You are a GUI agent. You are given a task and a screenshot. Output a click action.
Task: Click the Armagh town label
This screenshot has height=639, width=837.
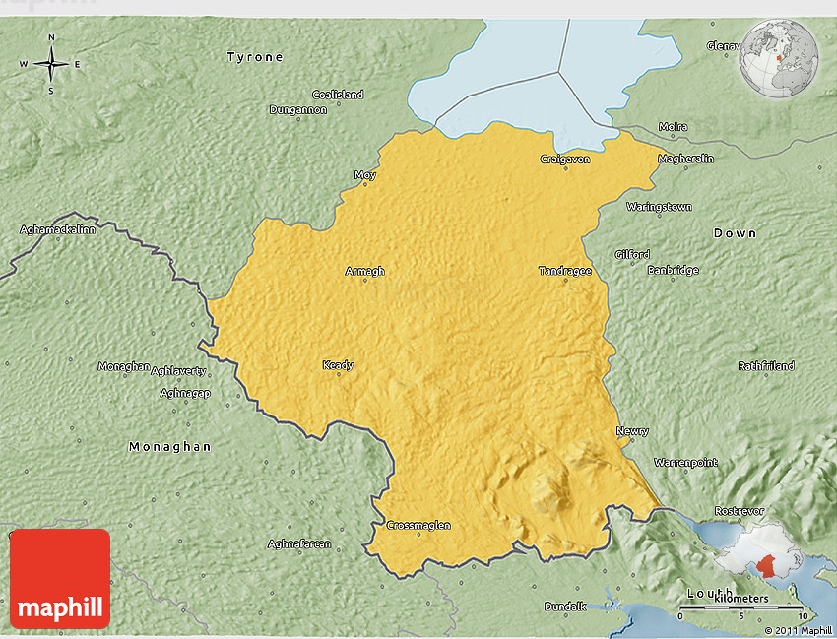pyautogui.click(x=364, y=271)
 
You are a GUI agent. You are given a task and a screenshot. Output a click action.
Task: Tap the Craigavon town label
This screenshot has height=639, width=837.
pyautogui.click(x=565, y=159)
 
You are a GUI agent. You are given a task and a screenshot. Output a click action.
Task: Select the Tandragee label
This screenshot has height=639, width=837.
pyautogui.click(x=565, y=271)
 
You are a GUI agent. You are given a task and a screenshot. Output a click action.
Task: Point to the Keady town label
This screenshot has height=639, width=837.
pyautogui.click(x=338, y=365)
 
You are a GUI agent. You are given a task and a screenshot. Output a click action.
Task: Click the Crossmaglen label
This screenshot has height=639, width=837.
pyautogui.click(x=418, y=525)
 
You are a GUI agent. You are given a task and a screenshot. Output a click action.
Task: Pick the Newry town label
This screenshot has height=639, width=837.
pyautogui.click(x=632, y=431)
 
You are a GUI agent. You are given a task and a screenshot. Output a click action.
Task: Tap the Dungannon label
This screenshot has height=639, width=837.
pyautogui.click(x=298, y=109)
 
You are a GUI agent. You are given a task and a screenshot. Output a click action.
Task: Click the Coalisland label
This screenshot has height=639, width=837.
pyautogui.click(x=338, y=95)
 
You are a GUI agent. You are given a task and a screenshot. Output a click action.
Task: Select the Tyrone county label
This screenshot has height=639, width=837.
pyautogui.click(x=255, y=57)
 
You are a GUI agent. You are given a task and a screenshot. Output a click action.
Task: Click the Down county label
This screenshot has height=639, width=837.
pyautogui.click(x=735, y=232)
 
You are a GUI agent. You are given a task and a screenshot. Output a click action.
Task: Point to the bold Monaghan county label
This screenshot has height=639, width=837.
pyautogui.click(x=169, y=446)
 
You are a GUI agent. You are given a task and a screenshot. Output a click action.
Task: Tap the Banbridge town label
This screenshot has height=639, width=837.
pyautogui.click(x=673, y=270)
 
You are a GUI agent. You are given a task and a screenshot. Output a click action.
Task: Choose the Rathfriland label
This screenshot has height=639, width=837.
pyautogui.click(x=766, y=366)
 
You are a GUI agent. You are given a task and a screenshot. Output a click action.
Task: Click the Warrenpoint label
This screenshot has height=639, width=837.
pyautogui.click(x=686, y=462)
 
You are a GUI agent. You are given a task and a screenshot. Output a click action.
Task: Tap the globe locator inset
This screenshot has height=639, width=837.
pyautogui.click(x=779, y=60)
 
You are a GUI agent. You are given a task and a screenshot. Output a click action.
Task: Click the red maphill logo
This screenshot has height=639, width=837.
pyautogui.click(x=60, y=579)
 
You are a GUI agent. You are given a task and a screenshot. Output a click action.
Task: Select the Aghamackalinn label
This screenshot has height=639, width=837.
pyautogui.click(x=58, y=230)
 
